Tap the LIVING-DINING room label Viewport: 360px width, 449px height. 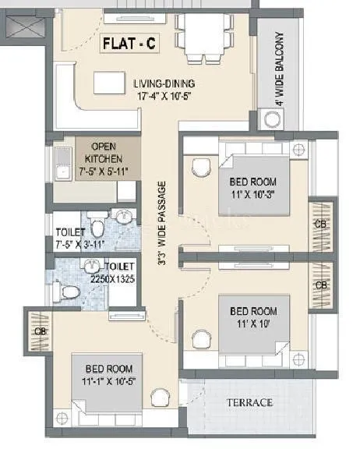coord(163,84)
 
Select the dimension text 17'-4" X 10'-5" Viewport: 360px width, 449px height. coord(163,97)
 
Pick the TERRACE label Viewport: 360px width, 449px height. coord(249,402)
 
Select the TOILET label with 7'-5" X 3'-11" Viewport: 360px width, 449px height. coord(72,232)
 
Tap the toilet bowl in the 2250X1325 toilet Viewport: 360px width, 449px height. coord(70,292)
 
